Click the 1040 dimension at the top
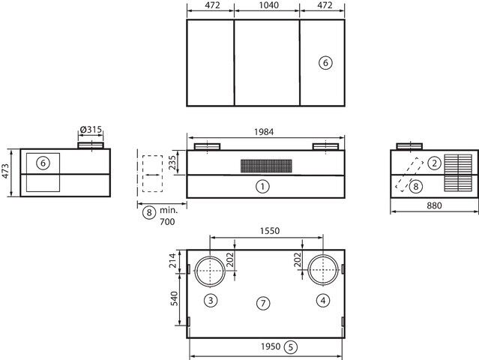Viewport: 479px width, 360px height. (269, 5)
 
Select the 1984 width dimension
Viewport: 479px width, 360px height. (264, 132)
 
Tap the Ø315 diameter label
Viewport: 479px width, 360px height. (91, 130)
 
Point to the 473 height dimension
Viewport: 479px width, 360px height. (6, 172)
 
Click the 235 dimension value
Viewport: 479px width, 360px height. (172, 163)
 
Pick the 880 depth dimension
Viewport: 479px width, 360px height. (434, 205)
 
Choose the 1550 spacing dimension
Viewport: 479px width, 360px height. (270, 231)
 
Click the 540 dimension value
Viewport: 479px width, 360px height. (174, 298)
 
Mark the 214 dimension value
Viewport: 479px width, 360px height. (173, 260)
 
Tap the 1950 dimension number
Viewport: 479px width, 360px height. (271, 346)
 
